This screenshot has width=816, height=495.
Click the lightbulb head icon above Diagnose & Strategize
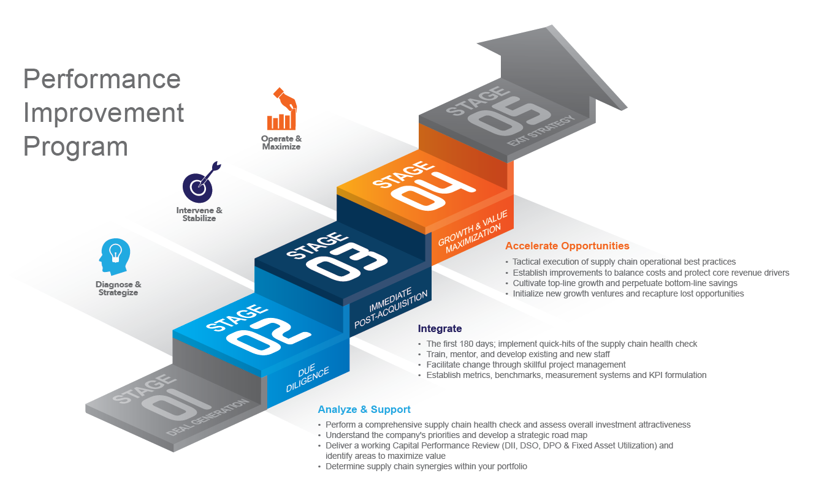(115, 258)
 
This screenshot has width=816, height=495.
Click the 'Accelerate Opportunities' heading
(567, 246)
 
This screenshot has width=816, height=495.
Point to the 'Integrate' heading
(440, 329)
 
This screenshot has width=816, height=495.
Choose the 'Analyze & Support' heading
(364, 409)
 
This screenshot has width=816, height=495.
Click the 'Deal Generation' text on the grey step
(208, 417)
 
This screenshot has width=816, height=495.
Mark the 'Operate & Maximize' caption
(281, 143)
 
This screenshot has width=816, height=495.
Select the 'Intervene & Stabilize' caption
(199, 214)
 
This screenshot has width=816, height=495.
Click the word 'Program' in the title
(76, 147)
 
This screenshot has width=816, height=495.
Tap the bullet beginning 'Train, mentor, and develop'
(518, 354)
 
